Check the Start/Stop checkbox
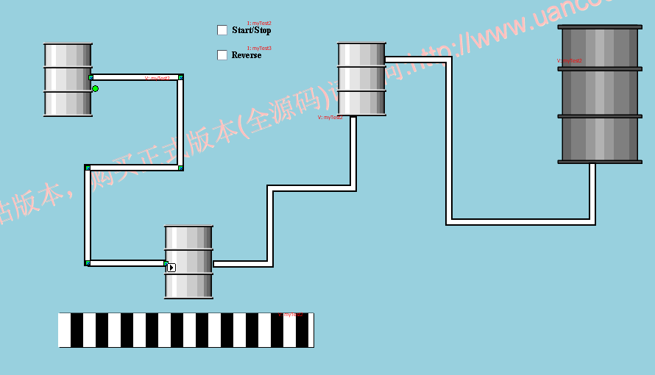coord(222,30)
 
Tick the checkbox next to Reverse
coord(222,55)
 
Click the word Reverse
coord(247,55)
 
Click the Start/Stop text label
coord(252,30)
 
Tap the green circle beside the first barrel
coord(95,88)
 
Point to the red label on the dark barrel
coord(570,61)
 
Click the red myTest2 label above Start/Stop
coord(259,24)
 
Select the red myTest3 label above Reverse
coord(259,49)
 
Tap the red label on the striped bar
coord(290,315)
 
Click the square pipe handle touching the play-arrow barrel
coord(166,262)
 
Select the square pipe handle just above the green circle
coord(91,77)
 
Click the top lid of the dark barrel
coord(600,27)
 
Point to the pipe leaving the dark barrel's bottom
coord(592,191)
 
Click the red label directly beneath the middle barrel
coord(330,117)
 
